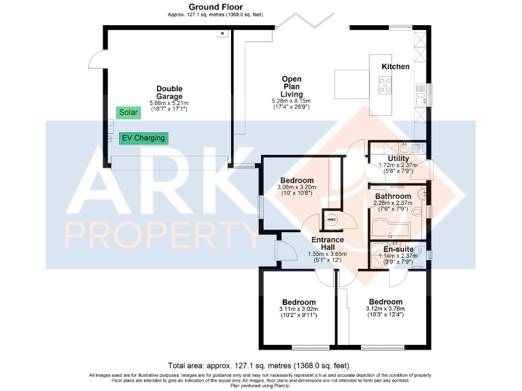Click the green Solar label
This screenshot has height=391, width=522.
[x=127, y=113]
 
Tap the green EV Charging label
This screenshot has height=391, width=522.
[x=143, y=138]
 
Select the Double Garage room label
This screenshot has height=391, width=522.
[x=169, y=92]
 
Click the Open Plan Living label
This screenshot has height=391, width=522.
[x=292, y=87]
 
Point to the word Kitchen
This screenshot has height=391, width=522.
[x=395, y=67]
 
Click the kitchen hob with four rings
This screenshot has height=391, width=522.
[x=385, y=84]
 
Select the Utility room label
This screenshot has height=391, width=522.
[x=398, y=159]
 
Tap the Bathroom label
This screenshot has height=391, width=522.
[x=394, y=196]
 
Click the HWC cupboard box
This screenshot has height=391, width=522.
[x=332, y=219]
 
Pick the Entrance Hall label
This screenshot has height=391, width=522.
[x=328, y=244]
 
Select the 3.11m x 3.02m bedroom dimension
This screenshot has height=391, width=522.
[x=298, y=310]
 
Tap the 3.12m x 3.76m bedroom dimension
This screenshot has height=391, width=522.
[x=385, y=309]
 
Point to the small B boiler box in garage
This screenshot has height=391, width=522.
[x=221, y=33]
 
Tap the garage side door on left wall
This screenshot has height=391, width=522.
[x=97, y=61]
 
